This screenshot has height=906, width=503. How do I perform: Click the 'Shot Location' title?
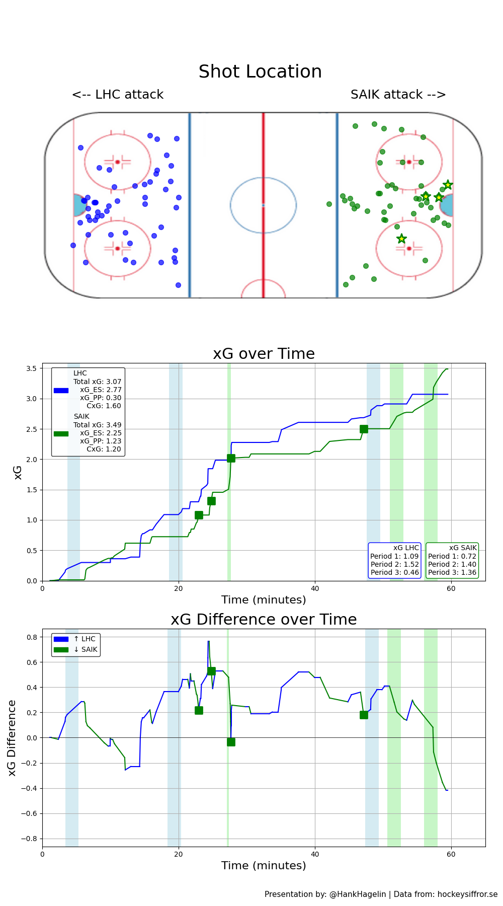tap(260, 71)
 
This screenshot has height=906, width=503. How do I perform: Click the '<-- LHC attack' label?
tap(118, 95)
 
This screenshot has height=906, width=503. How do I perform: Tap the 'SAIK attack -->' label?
tap(398, 95)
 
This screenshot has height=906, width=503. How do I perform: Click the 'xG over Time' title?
tap(264, 354)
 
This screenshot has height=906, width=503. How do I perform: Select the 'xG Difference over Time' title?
tap(264, 620)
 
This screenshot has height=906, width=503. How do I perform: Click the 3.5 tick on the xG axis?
tap(31, 368)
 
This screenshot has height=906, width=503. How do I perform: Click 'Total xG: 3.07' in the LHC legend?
tap(98, 382)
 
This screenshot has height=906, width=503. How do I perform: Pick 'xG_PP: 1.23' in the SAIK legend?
tap(101, 441)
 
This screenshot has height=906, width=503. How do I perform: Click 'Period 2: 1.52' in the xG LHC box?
tap(395, 564)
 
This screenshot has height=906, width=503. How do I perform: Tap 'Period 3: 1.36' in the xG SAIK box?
tap(452, 572)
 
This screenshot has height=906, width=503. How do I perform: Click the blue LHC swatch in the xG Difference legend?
tap(61, 639)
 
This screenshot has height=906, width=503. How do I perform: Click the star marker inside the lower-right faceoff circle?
tap(401, 239)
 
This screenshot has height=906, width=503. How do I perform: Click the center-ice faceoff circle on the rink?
tap(263, 205)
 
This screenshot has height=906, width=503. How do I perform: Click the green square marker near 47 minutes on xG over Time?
tap(364, 429)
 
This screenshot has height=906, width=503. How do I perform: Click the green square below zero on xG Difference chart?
tap(231, 742)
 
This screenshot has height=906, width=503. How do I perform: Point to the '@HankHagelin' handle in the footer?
tap(358, 894)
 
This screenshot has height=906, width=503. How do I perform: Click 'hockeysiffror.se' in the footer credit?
tap(467, 894)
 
